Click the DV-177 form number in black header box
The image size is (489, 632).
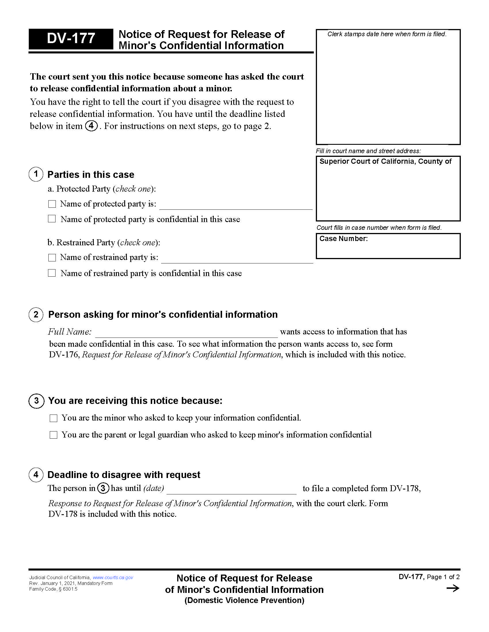pyautogui.click(x=71, y=38)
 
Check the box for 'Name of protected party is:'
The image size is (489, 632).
pyautogui.click(x=52, y=204)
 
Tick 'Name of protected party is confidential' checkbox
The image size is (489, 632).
pyautogui.click(x=52, y=219)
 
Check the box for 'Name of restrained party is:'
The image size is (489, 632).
pyautogui.click(x=52, y=258)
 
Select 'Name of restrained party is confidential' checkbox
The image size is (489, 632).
pyautogui.click(x=52, y=273)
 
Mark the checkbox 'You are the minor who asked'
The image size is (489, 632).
pyautogui.click(x=54, y=418)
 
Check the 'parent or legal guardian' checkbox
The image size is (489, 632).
pyautogui.click(x=54, y=435)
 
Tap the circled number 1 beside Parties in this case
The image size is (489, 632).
pyautogui.click(x=36, y=174)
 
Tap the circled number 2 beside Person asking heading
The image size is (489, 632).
pyautogui.click(x=36, y=315)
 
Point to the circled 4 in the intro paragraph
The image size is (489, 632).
pyautogui.click(x=91, y=126)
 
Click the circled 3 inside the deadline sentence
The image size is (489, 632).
pyautogui.click(x=103, y=488)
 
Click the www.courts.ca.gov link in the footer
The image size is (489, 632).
pyautogui.click(x=113, y=577)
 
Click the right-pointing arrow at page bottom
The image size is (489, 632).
pyautogui.click(x=453, y=588)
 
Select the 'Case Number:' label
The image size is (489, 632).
pyautogui.click(x=343, y=238)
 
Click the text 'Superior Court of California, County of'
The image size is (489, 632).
pyautogui.click(x=385, y=161)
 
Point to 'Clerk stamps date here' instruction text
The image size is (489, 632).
pyautogui.click(x=387, y=34)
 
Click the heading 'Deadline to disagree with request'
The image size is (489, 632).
pyautogui.click(x=124, y=475)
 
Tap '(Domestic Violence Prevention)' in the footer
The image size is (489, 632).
pyautogui.click(x=244, y=600)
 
